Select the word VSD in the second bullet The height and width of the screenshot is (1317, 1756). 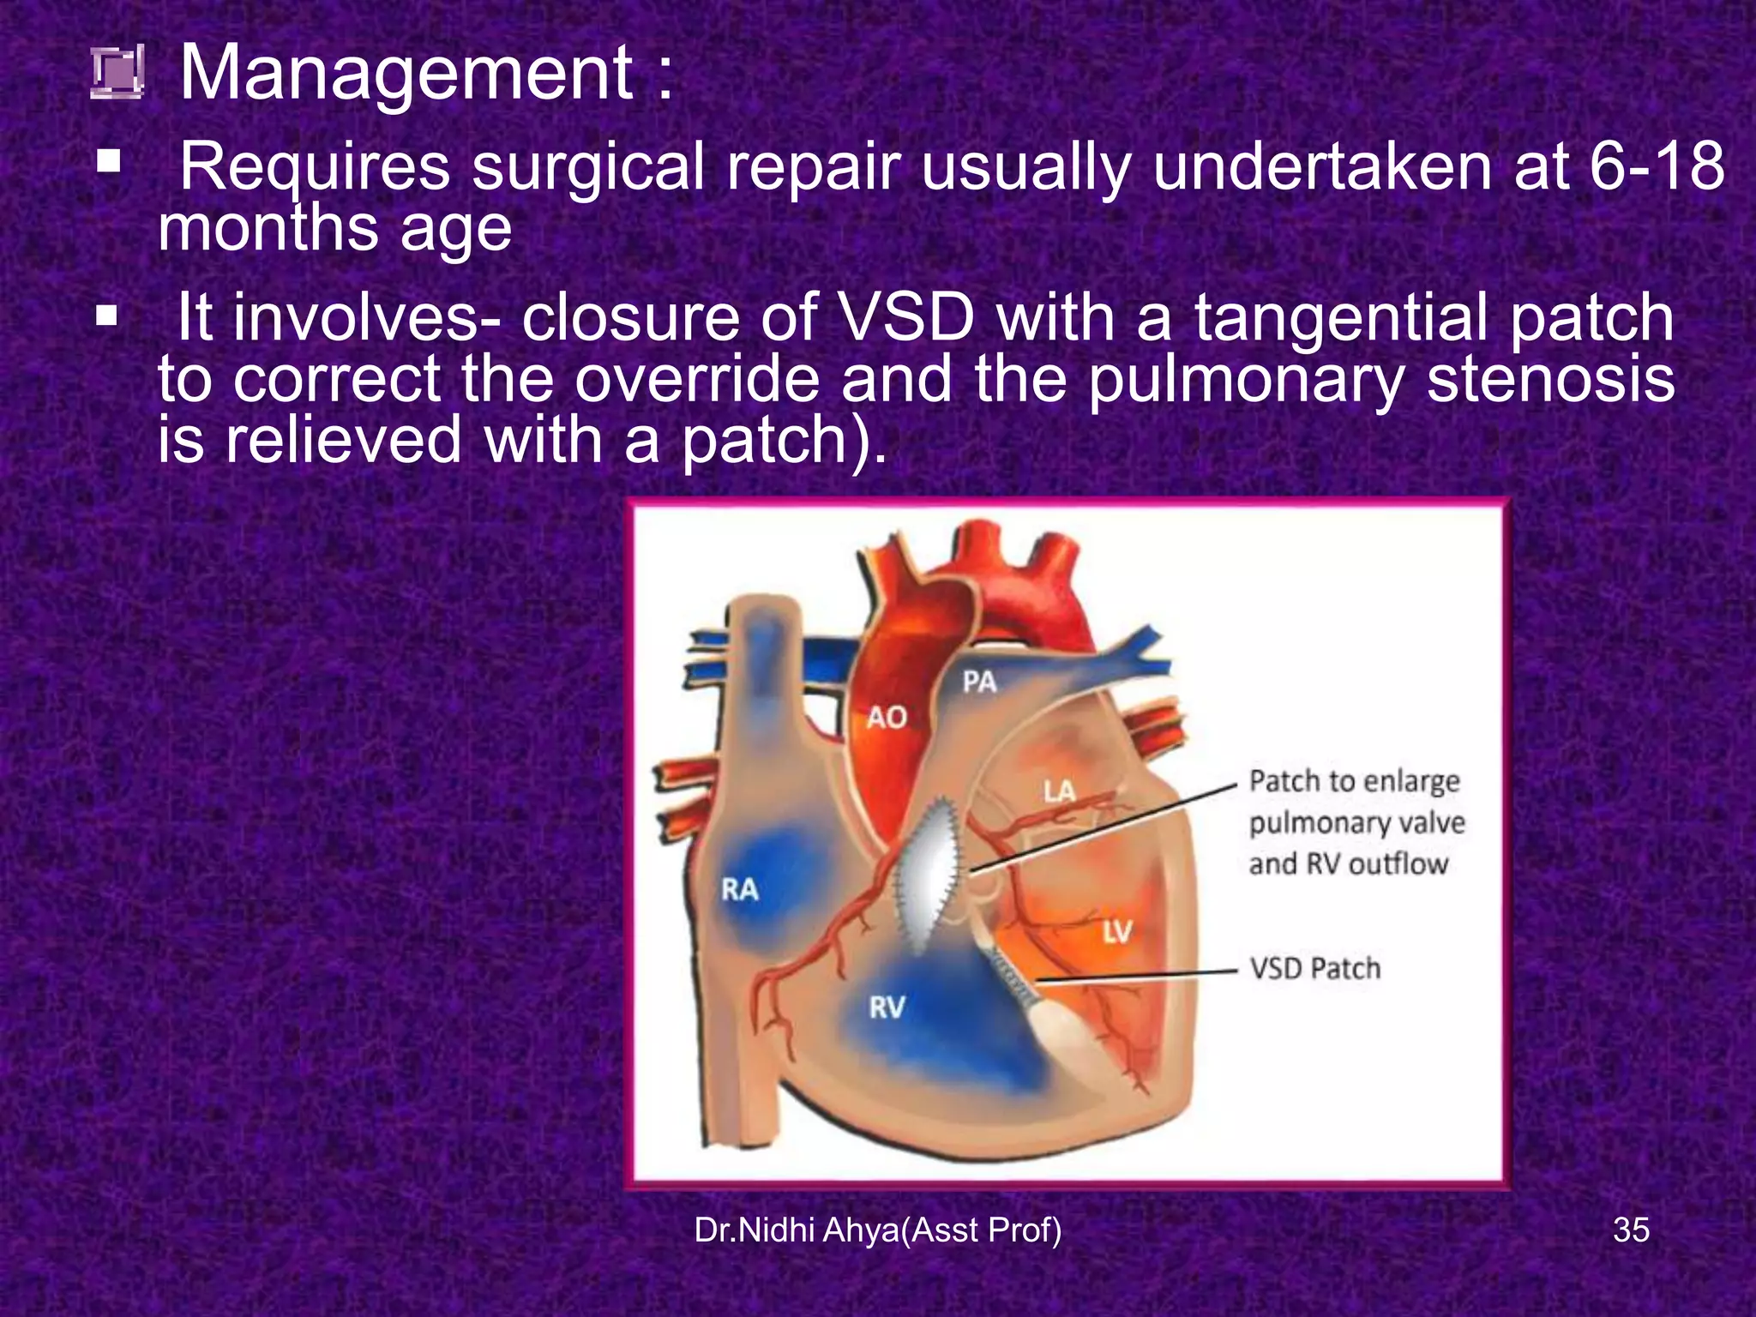pyautogui.click(x=906, y=318)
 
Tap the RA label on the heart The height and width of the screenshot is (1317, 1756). pyautogui.click(x=739, y=890)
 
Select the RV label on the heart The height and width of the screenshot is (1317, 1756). pyautogui.click(x=887, y=1007)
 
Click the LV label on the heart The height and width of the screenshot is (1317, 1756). pyautogui.click(x=1117, y=931)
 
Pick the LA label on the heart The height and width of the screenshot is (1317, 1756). pyautogui.click(x=1059, y=791)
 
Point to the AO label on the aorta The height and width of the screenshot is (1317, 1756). pyautogui.click(x=887, y=718)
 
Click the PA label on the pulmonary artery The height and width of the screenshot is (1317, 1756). pyautogui.click(x=979, y=683)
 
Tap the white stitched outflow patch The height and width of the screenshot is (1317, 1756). pyautogui.click(x=927, y=875)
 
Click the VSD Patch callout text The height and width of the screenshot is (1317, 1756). pyautogui.click(x=1315, y=969)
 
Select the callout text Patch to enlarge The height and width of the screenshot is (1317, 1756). pyautogui.click(x=1354, y=781)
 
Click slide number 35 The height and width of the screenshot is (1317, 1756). pyautogui.click(x=1631, y=1230)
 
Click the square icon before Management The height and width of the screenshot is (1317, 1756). pyautogui.click(x=117, y=74)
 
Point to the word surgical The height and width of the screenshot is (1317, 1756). pyautogui.click(x=588, y=167)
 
